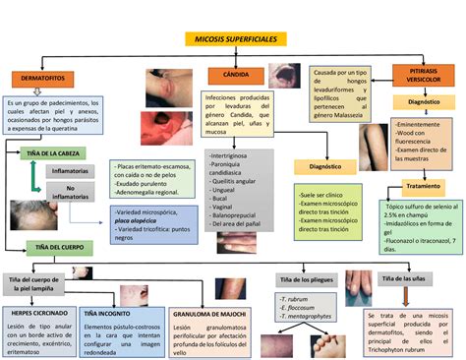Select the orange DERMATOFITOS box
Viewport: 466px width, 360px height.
[x=40, y=78]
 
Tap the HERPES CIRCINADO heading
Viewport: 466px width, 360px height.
[x=36, y=312]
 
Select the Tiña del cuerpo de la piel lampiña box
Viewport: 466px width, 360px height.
[x=40, y=284]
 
